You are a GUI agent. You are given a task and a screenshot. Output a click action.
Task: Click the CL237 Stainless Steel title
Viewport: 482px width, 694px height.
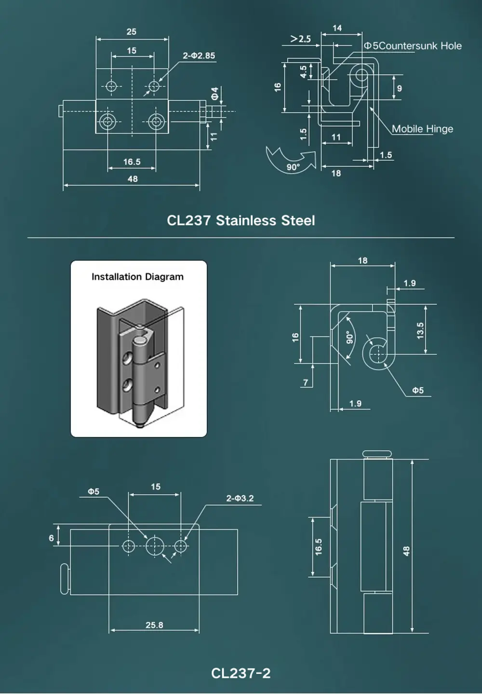tap(241, 220)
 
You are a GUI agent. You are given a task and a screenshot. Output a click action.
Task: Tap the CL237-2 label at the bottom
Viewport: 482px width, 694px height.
tap(241, 673)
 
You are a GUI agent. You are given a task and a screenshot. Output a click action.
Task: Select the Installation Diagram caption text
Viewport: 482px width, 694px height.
tap(137, 277)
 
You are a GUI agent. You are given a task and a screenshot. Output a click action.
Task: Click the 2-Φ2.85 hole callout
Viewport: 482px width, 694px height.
tap(199, 56)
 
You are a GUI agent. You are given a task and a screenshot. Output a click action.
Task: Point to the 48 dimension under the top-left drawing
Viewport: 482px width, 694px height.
tap(133, 179)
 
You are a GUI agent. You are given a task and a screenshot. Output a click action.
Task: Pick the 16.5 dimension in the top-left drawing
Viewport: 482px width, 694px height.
tap(132, 162)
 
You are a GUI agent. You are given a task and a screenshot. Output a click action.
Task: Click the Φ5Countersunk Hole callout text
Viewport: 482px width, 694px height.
tap(413, 46)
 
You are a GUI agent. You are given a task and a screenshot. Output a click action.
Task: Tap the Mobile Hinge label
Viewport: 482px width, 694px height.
tap(422, 129)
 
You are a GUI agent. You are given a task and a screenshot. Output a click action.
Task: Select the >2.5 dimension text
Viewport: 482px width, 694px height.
tap(301, 39)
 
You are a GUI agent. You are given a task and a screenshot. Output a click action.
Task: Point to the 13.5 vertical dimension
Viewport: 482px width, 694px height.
tap(420, 331)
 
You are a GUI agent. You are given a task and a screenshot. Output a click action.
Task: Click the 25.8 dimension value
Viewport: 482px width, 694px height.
tap(154, 625)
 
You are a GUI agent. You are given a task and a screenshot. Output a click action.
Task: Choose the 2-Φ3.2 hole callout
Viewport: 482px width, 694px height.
tap(240, 498)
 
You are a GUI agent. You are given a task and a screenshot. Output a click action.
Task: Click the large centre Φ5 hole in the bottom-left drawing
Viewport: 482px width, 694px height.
tap(155, 546)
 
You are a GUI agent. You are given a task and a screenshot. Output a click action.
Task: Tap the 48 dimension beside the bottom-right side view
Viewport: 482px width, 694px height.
tap(406, 551)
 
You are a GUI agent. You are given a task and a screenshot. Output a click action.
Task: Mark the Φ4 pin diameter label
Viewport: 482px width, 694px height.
tap(215, 94)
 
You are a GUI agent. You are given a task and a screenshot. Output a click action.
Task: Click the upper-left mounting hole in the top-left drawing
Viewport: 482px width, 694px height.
tap(111, 86)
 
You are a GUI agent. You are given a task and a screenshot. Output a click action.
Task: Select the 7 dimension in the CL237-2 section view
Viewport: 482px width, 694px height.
tap(306, 382)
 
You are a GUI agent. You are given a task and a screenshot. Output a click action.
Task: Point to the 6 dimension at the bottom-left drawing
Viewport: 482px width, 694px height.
tap(52, 538)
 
